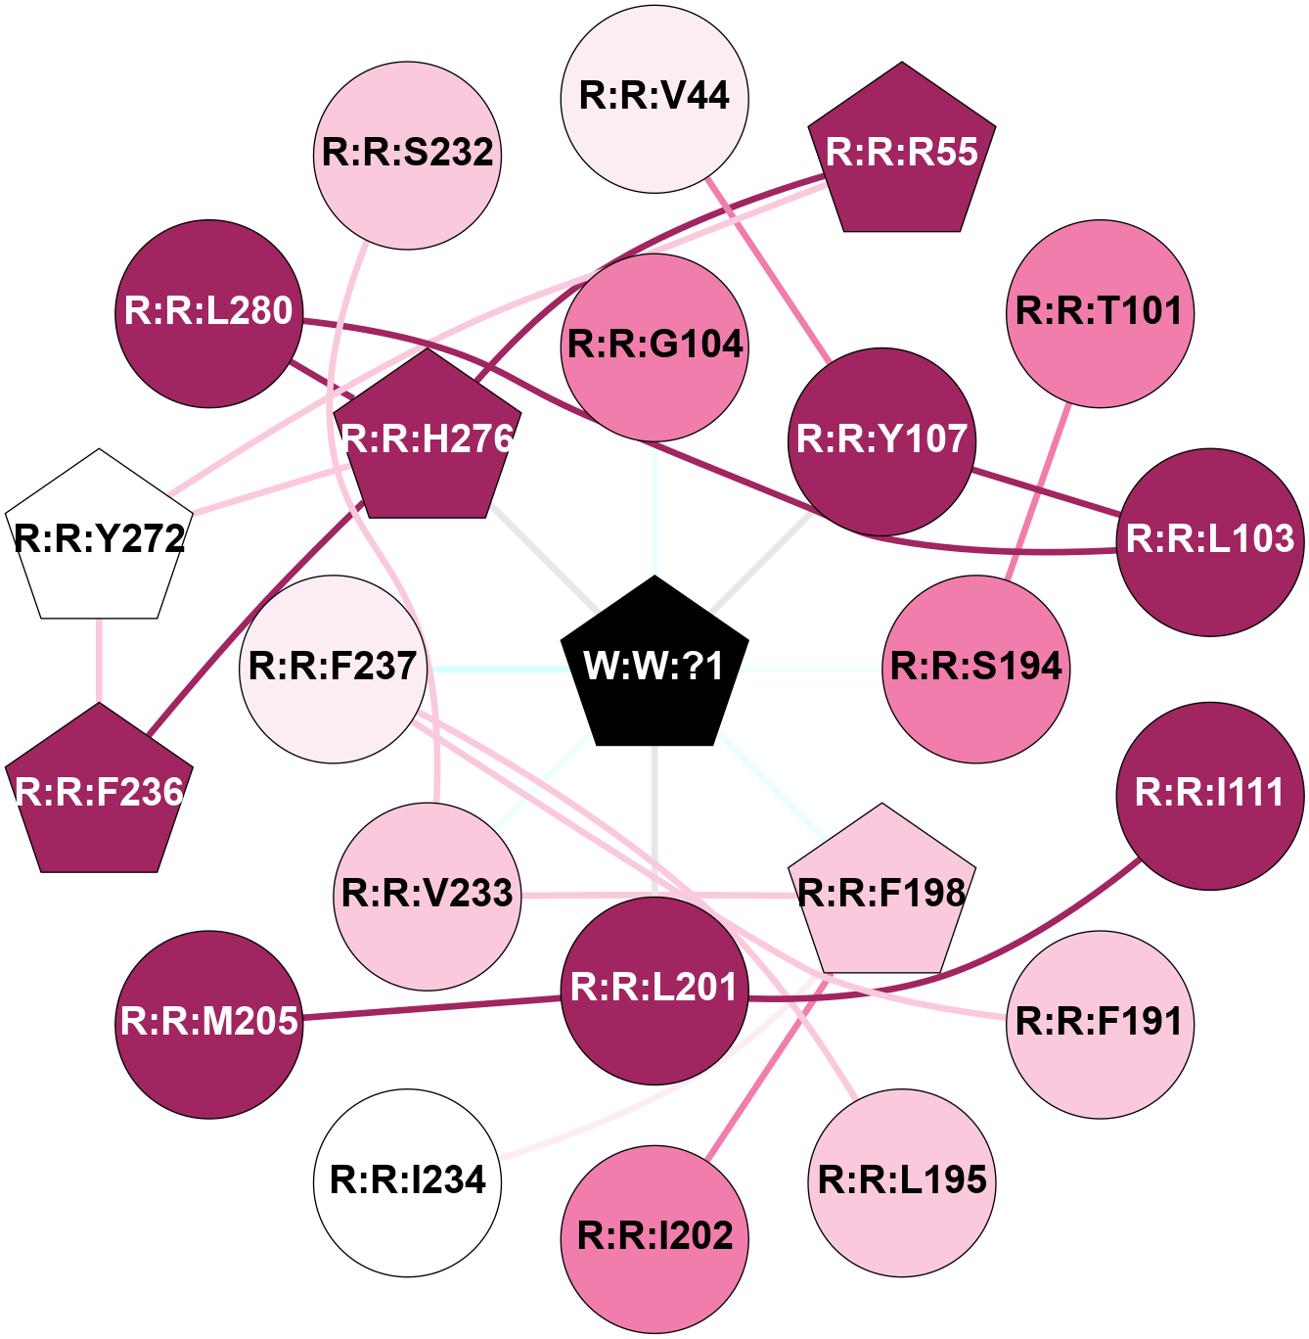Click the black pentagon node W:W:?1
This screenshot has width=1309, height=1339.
point(654,666)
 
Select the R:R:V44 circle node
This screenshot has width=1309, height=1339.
point(654,98)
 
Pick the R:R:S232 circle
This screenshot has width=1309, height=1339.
point(408,155)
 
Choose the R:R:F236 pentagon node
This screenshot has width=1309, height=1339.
point(99,793)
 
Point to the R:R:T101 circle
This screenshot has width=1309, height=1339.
point(1100,313)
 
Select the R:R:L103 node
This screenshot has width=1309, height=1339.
point(1210,541)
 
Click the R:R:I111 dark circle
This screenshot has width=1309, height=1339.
point(1210,795)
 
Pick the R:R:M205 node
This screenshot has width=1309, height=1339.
point(209,1024)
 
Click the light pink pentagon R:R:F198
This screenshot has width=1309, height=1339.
point(882,895)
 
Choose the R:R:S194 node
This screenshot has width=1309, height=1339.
point(975,669)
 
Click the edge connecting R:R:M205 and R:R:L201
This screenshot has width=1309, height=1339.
point(430,1008)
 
